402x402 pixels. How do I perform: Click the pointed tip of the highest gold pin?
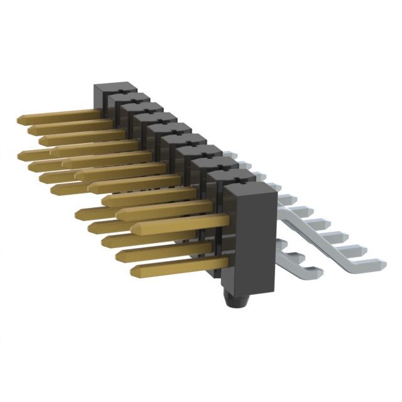click(21, 118)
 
